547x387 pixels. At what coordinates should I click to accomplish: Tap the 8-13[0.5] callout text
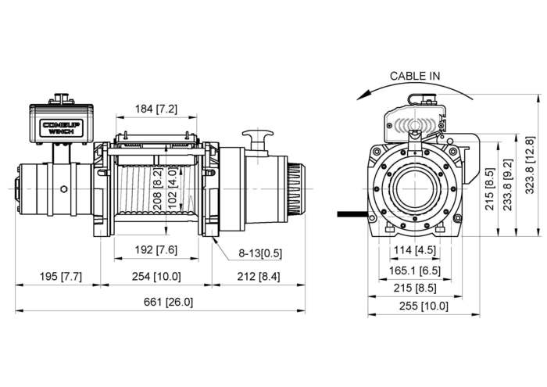pos(260,253)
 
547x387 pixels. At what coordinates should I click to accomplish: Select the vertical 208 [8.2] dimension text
pos(158,185)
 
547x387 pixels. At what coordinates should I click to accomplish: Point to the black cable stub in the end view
pos(352,212)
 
